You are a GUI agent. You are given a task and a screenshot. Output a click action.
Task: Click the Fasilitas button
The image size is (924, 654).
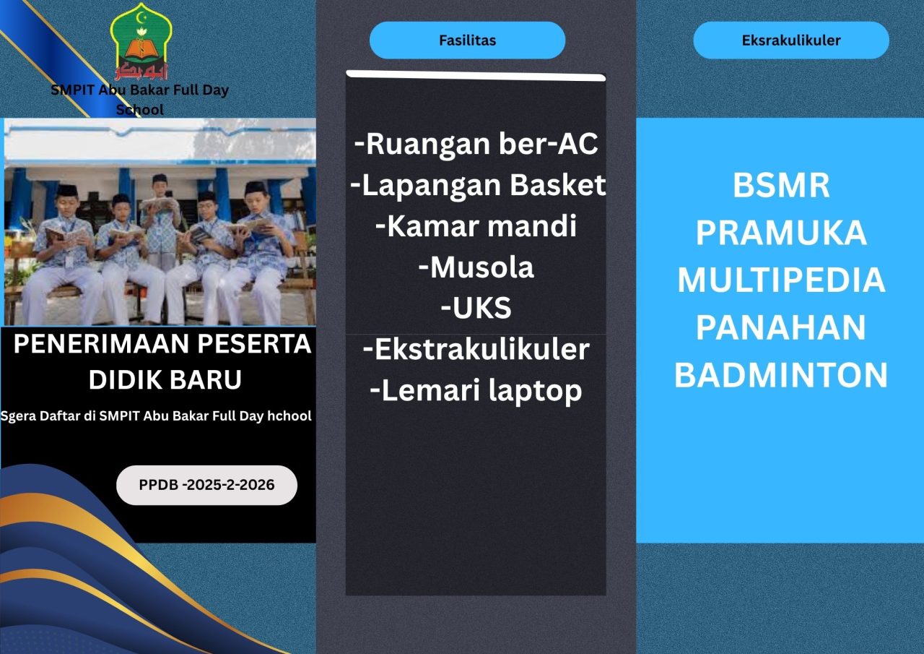click(x=467, y=40)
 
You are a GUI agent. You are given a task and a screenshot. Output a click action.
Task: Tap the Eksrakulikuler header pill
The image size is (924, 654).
click(x=791, y=40)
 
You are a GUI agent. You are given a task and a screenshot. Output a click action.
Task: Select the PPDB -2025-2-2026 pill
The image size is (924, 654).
click(x=206, y=485)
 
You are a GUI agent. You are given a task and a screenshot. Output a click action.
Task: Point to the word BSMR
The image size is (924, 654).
click(x=781, y=186)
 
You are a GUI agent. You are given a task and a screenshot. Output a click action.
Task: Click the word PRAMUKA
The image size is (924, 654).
click(x=781, y=233)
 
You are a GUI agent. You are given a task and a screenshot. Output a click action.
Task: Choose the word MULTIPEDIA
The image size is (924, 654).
click(x=781, y=280)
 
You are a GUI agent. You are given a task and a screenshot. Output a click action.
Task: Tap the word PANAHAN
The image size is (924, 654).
click(x=781, y=327)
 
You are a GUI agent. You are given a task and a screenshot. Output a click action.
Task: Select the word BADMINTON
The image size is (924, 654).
click(x=781, y=374)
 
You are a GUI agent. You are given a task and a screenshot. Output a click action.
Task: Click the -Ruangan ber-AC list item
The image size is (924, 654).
click(x=476, y=144)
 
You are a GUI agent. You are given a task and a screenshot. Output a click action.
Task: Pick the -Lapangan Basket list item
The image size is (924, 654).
click(x=478, y=184)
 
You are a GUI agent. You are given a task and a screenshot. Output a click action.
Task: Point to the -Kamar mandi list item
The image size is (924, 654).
click(x=476, y=226)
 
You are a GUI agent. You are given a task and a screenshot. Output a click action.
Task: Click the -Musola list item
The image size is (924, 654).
click(x=476, y=267)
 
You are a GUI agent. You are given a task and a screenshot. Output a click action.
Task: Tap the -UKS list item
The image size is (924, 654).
click(x=476, y=308)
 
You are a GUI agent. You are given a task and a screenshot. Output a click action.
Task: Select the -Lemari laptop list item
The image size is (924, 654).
click(x=476, y=390)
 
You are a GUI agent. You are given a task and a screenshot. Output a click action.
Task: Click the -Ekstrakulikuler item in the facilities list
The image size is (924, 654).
click(x=476, y=349)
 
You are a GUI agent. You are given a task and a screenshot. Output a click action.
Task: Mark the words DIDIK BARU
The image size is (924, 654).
click(x=165, y=379)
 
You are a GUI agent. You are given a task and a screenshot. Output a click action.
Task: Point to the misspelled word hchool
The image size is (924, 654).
click(x=289, y=416)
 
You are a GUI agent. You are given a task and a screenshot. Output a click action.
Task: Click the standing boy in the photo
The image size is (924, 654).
click(x=160, y=219)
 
